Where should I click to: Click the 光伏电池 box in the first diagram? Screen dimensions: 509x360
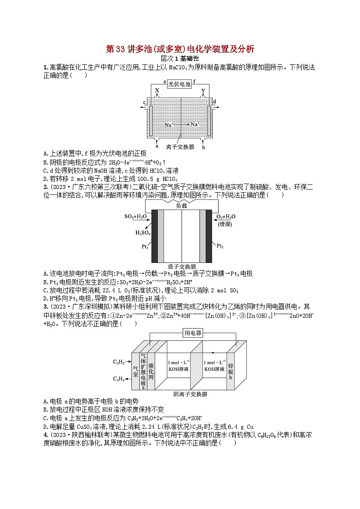pyautogui.click(x=180, y=84)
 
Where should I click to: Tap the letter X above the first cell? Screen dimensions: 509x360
pyautogui.click(x=157, y=91)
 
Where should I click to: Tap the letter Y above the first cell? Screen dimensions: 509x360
pyautogui.click(x=203, y=91)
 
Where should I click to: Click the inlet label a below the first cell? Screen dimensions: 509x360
pyautogui.click(x=156, y=146)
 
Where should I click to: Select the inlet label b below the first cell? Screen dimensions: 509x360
pyautogui.click(x=204, y=147)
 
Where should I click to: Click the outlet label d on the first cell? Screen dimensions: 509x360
pyautogui.click(x=214, y=102)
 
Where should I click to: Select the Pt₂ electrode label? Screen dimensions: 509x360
pyautogui.click(x=220, y=246)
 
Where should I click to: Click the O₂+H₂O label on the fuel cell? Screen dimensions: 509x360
pyautogui.click(x=227, y=217)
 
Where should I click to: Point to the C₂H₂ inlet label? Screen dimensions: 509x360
pyautogui.click(x=119, y=362)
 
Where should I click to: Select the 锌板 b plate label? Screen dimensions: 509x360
pyautogui.click(x=230, y=368)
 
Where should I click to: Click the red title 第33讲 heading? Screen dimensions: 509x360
pyautogui.click(x=180, y=49)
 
